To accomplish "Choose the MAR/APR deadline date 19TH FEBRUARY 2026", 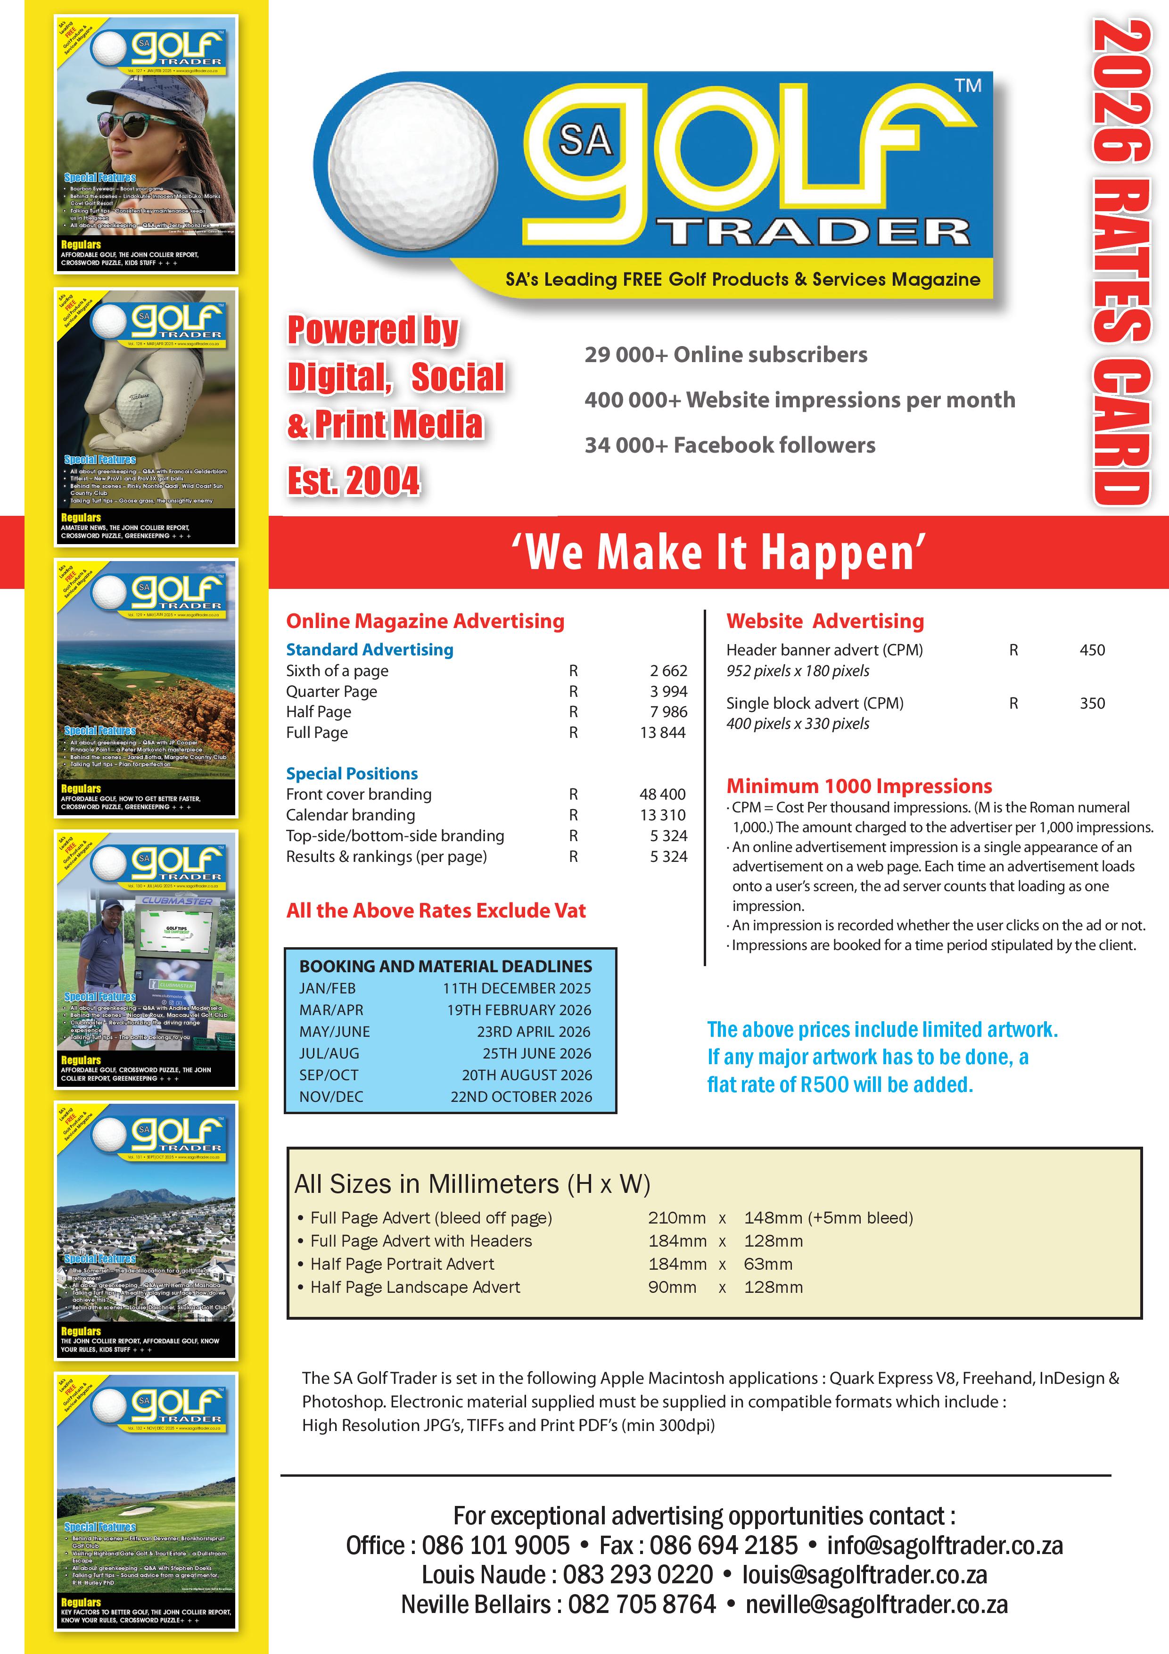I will [x=519, y=1010].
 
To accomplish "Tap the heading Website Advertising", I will [x=825, y=621].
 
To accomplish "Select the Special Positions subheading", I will [x=352, y=774].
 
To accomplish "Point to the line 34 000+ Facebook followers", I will [x=730, y=445].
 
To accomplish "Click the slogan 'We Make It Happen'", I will [x=718, y=553].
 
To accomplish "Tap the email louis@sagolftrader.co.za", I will [x=864, y=1575].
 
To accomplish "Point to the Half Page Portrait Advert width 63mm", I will [x=768, y=1264].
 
